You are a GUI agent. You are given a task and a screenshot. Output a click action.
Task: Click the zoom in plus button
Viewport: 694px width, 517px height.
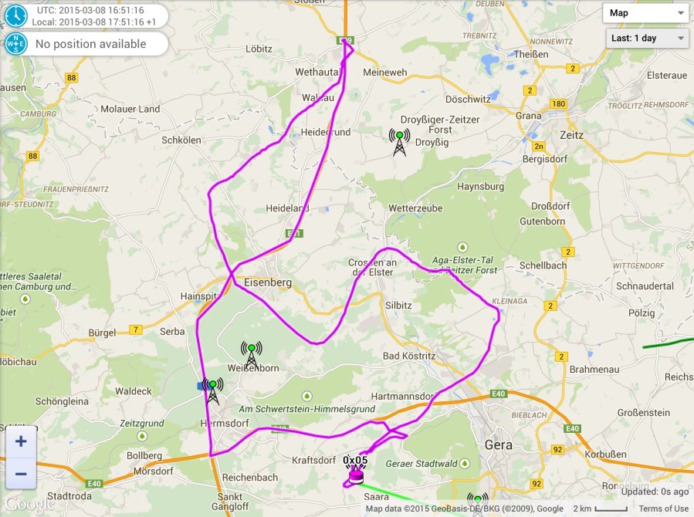pos(21,442)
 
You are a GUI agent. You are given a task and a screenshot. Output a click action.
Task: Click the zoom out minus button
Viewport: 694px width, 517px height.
pos(21,474)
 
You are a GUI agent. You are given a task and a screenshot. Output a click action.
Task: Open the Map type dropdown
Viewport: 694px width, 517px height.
pos(646,13)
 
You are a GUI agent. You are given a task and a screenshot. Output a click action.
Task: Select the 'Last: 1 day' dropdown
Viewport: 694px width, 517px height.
pos(647,38)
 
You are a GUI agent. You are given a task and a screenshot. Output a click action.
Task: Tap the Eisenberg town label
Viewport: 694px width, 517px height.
pos(267,282)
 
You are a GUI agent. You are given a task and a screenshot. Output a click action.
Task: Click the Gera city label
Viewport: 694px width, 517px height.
pos(498,445)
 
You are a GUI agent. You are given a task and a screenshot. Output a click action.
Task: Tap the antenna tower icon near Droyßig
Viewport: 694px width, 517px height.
pos(399,142)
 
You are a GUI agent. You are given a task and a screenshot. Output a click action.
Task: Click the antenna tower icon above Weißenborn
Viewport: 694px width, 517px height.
pos(251,354)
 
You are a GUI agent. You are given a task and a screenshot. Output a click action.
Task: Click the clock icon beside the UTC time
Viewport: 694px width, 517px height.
pos(15,15)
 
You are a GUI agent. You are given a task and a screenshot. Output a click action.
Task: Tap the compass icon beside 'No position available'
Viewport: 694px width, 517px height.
pos(15,44)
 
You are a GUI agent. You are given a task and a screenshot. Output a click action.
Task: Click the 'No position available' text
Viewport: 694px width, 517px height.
pos(90,44)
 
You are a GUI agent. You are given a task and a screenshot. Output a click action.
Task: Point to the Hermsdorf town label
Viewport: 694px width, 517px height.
pos(228,424)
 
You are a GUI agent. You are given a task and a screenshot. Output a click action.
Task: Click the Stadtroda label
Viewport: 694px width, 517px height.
pos(69,495)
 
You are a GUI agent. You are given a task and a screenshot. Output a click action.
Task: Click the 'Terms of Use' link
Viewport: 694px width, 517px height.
pos(663,509)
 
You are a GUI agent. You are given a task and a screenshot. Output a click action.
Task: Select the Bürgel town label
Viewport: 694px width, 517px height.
pos(102,333)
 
